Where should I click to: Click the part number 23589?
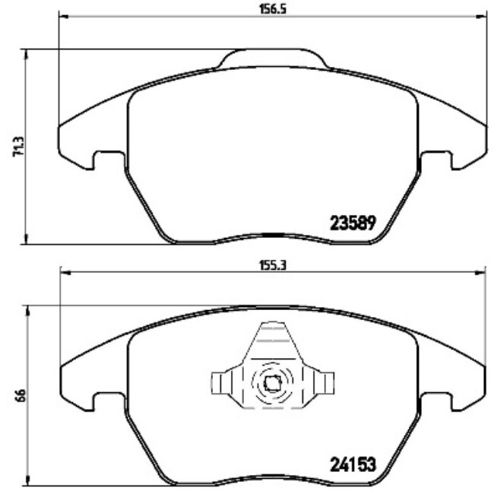(x=353, y=223)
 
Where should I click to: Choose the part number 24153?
(x=353, y=463)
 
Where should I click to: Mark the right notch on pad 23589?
(x=437, y=160)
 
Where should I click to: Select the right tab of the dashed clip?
(x=325, y=382)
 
